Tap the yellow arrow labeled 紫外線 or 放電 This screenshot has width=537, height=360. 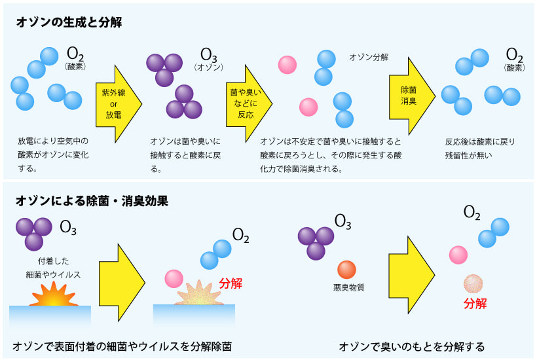coord(115,103)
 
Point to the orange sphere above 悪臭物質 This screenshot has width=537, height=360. coord(346,269)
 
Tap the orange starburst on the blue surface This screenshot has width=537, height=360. coord(54,298)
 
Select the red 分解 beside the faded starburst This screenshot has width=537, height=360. coord(231,283)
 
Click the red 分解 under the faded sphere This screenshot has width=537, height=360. coord(475,303)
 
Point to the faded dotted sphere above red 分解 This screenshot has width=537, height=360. coord(473,284)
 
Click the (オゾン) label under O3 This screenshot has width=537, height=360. coord(209,67)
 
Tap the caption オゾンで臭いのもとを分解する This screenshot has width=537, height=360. coord(412,346)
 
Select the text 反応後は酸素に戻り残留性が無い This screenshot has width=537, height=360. coord(480,149)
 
